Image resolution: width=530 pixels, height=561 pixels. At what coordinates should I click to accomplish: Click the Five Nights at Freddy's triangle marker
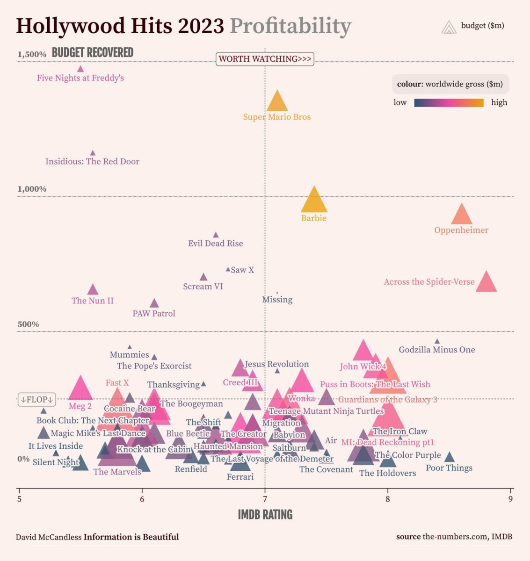(80, 69)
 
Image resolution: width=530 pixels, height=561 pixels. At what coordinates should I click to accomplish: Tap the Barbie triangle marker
(314, 201)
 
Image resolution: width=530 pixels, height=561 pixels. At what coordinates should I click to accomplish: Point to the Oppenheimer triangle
(462, 215)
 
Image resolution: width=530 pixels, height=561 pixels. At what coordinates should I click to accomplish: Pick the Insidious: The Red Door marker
(93, 153)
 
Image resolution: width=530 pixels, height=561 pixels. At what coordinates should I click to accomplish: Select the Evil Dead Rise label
(216, 244)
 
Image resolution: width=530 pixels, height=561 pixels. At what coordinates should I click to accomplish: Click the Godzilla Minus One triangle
(437, 342)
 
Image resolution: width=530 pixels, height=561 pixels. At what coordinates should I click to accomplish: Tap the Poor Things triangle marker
(449, 457)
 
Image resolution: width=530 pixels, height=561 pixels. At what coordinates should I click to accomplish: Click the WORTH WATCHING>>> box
(265, 59)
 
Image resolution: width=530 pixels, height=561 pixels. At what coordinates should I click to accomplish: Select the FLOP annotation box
(37, 400)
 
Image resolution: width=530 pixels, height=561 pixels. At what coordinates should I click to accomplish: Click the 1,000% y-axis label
(32, 189)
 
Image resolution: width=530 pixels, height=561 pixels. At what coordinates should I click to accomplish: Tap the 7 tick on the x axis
(265, 499)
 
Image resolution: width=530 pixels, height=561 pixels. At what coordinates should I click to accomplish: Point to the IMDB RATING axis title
(265, 515)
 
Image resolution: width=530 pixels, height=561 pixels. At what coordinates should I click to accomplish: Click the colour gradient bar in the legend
(449, 103)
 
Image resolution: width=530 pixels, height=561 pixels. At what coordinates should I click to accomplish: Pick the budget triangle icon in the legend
(449, 27)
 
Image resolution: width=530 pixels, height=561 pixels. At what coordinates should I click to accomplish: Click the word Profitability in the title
(290, 26)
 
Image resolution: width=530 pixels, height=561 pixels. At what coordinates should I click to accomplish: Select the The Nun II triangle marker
(93, 290)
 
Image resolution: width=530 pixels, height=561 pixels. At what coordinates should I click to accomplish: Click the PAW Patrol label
(154, 314)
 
